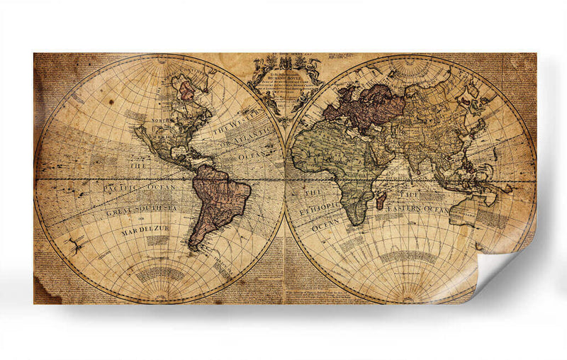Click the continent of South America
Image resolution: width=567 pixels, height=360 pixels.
[215, 199]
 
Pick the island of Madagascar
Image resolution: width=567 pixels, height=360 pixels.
[381, 203]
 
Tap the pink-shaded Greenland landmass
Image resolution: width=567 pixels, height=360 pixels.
[187, 90]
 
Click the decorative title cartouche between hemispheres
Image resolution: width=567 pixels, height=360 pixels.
[283, 81]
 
